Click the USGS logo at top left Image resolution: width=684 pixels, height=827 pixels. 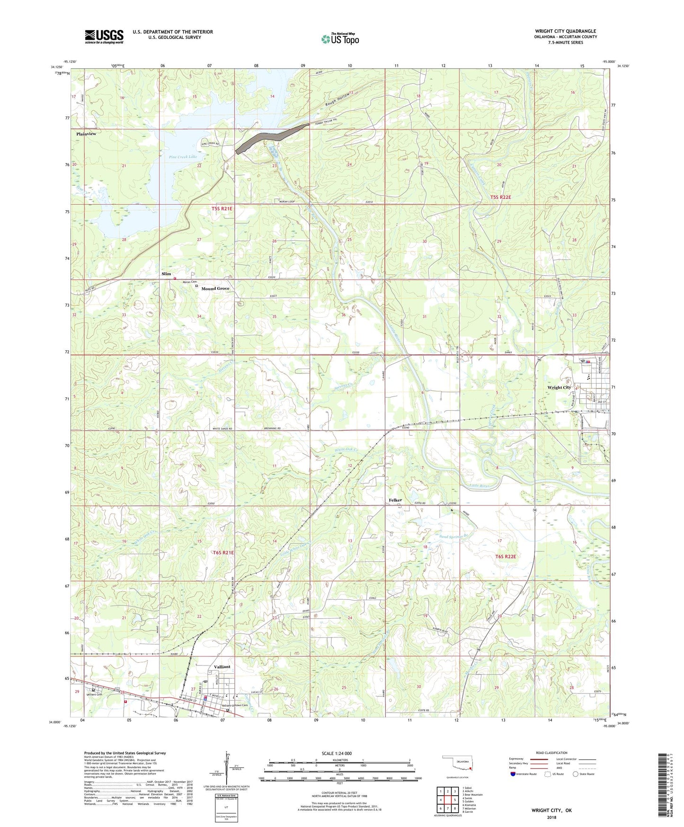(x=104, y=36)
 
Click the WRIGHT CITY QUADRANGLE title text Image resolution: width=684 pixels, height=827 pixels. (x=565, y=31)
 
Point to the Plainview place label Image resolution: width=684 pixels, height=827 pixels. (x=86, y=134)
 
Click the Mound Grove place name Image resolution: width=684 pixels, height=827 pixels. (x=215, y=288)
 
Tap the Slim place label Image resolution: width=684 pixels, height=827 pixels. (x=166, y=274)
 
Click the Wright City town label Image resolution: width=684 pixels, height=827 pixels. (x=559, y=387)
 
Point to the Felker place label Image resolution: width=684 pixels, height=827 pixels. (x=395, y=500)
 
